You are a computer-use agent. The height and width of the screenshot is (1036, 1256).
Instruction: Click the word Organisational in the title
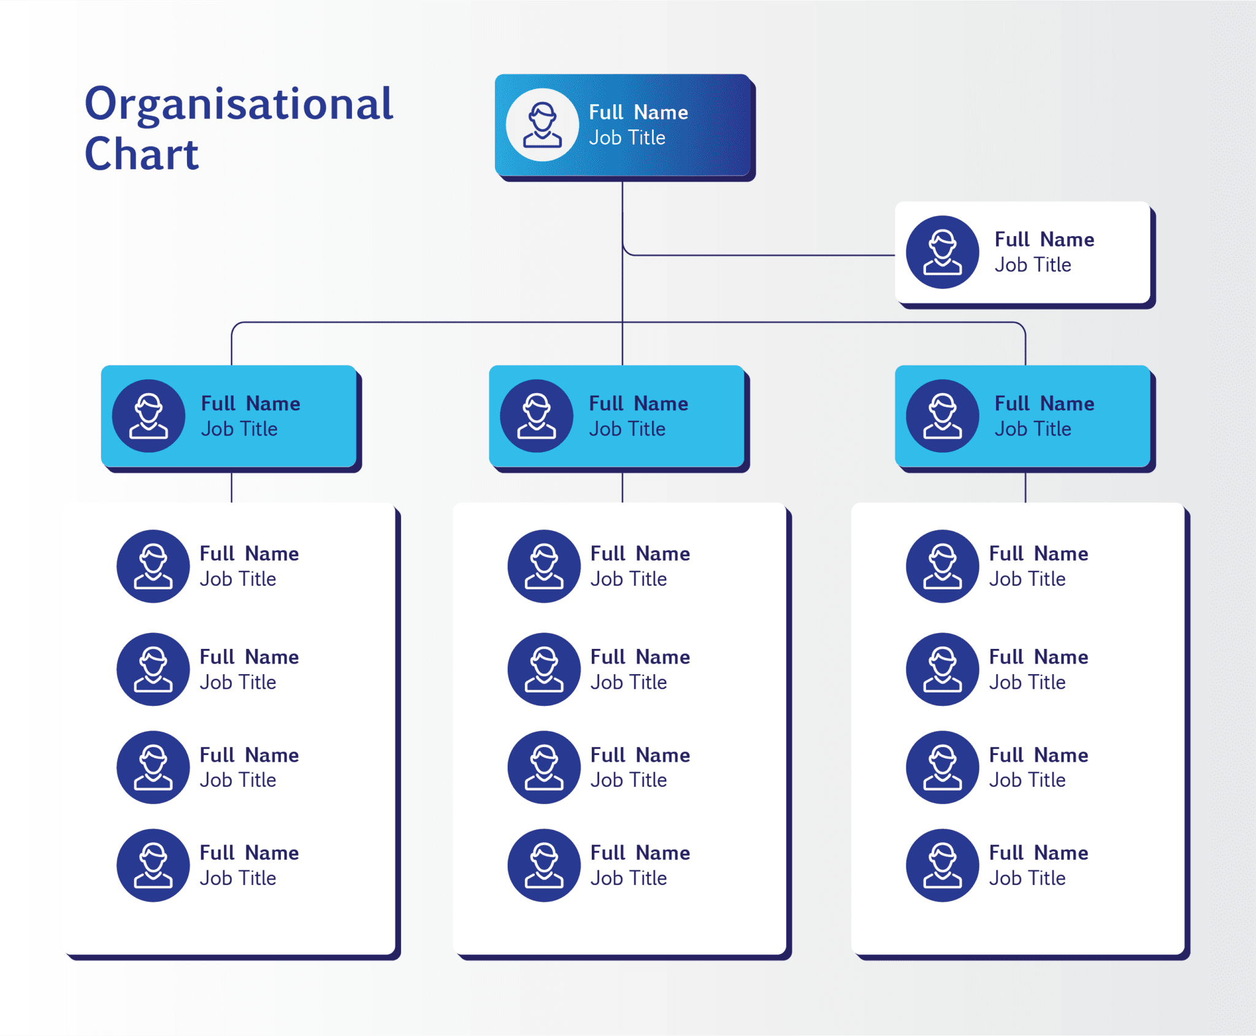point(239,104)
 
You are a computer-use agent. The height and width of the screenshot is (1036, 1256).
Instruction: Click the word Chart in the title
point(142,155)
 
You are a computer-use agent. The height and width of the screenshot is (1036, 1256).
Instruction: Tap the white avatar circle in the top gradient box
point(542,125)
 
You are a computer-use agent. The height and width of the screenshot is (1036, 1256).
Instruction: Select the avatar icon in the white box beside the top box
point(943,252)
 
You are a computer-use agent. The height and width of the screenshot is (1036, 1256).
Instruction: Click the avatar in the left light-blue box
point(149,416)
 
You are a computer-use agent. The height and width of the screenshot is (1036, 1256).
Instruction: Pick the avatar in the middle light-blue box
point(537,416)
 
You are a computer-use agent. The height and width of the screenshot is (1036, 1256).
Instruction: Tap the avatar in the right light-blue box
point(943,416)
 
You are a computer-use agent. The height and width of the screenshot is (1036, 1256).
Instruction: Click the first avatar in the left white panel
point(153,566)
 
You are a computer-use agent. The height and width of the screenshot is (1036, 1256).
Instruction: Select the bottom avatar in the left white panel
point(153,865)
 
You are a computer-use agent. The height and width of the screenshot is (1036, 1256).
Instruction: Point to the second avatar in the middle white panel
point(544,669)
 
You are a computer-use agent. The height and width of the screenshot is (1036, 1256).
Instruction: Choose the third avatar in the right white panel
point(943,767)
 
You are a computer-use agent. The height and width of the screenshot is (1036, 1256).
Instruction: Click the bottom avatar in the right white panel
point(943,865)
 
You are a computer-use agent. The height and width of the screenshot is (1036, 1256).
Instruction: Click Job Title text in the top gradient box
point(627,138)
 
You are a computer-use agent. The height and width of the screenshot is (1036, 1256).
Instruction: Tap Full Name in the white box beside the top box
point(1044,239)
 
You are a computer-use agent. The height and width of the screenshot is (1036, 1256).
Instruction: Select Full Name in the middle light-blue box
point(638,404)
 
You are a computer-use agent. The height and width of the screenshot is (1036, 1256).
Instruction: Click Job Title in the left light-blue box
point(239,429)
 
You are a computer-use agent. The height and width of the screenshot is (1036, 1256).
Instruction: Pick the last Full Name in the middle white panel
point(640,853)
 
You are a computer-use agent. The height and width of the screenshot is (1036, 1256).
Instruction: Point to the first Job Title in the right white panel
point(1027,579)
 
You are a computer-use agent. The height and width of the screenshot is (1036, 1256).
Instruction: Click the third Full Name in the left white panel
point(249,755)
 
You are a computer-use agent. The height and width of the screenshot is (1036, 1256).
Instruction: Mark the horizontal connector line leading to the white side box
point(760,255)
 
